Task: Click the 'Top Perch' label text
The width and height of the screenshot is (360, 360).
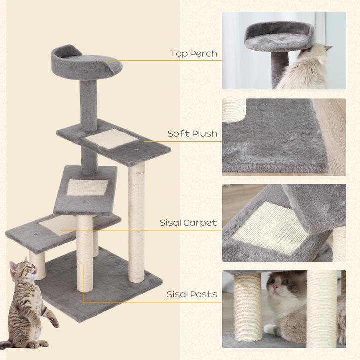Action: (x=193, y=54)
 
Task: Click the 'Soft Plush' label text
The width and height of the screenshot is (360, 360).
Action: (x=192, y=134)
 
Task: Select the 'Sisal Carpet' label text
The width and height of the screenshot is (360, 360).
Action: (x=188, y=223)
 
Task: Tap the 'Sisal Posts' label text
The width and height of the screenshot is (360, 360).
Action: (x=192, y=294)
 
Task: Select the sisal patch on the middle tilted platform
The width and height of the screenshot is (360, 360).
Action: (x=87, y=187)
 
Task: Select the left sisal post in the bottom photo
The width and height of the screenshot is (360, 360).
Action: (x=247, y=305)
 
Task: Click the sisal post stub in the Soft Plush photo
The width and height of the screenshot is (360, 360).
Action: (x=234, y=109)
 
